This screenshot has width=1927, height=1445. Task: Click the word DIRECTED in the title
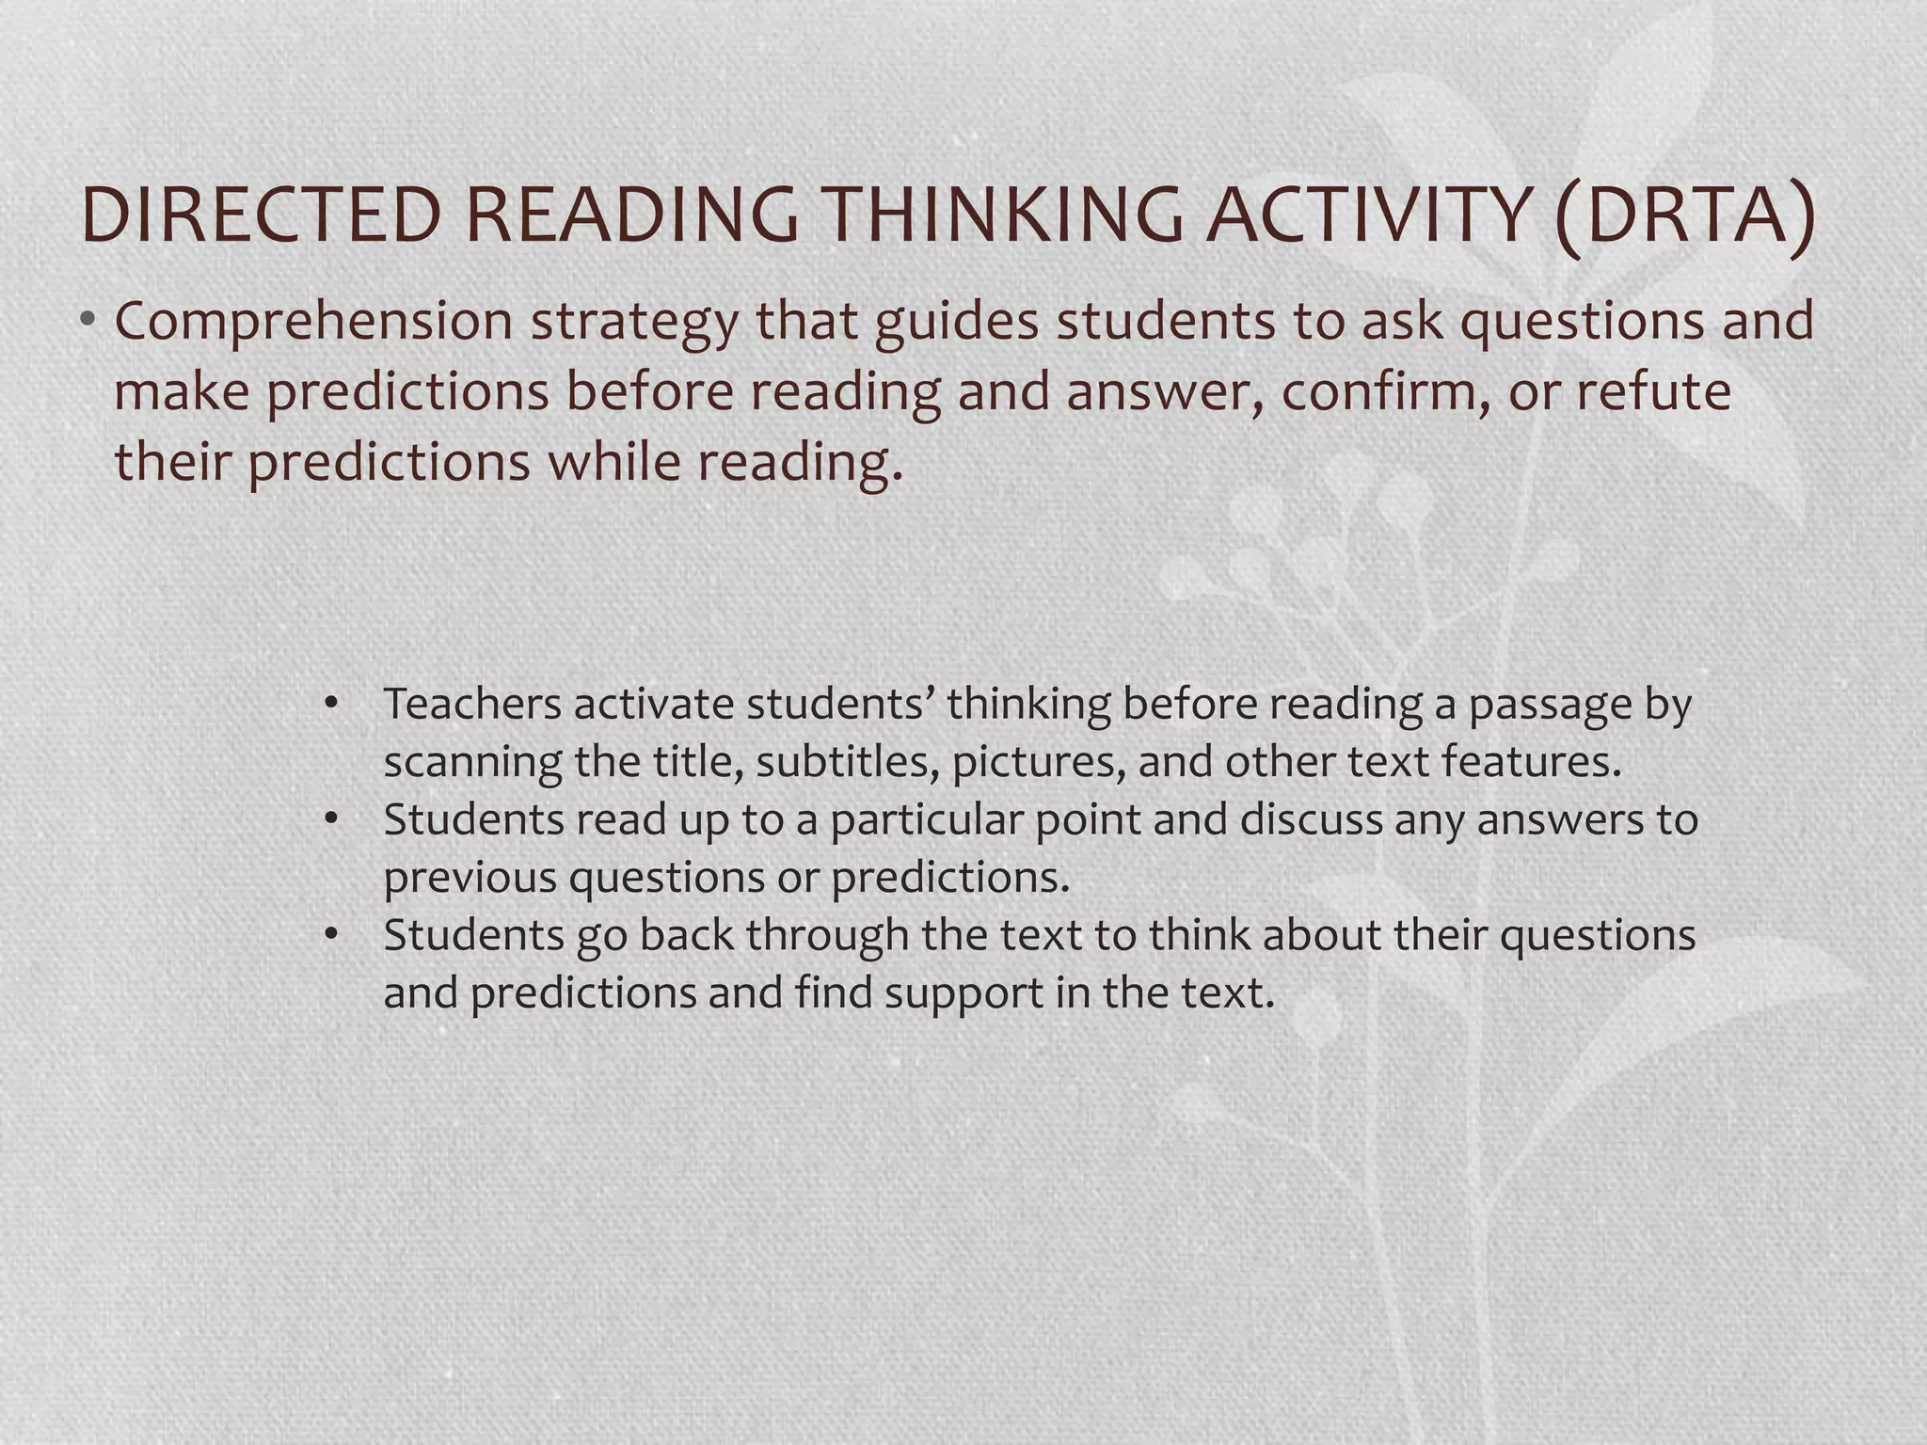pyautogui.click(x=263, y=215)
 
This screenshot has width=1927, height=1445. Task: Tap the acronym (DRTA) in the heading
pyautogui.click(x=1683, y=215)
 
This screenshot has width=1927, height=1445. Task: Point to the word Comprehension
pyautogui.click(x=313, y=322)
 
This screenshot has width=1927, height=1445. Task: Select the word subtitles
pyautogui.click(x=848, y=762)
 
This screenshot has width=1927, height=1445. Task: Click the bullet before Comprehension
pyautogui.click(x=87, y=321)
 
